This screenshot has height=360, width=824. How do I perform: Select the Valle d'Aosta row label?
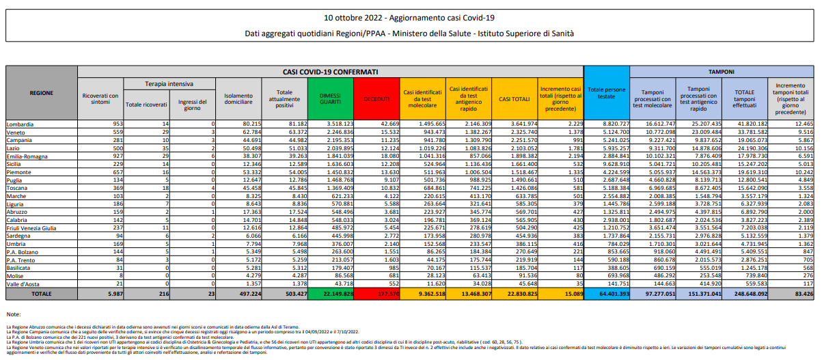pyautogui.click(x=23, y=283)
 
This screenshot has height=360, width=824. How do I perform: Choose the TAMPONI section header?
pyautogui.click(x=721, y=71)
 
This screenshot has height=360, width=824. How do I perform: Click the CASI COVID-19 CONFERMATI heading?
pyautogui.click(x=330, y=71)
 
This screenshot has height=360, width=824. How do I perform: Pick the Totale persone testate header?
pyautogui.click(x=606, y=93)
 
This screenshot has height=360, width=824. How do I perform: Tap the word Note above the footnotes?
pyautogui.click(x=13, y=314)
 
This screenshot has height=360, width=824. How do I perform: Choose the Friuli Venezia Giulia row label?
pyautogui.click(x=31, y=228)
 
